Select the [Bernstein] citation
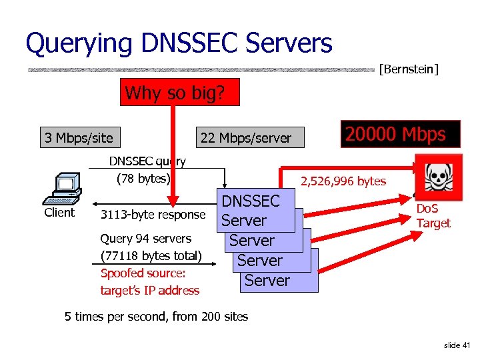click(408, 69)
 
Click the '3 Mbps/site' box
click(79, 138)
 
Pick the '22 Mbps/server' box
click(246, 138)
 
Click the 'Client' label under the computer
click(59, 213)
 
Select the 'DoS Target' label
click(433, 216)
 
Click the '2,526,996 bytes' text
click(343, 181)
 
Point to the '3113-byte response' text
click(152, 215)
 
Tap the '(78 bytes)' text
click(143, 179)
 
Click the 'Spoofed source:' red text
click(143, 273)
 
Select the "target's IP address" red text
click(149, 291)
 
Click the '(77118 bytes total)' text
click(151, 255)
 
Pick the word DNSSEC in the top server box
click(251, 201)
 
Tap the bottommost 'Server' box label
click(267, 281)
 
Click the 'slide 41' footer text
click(457, 345)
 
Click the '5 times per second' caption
click(156, 316)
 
